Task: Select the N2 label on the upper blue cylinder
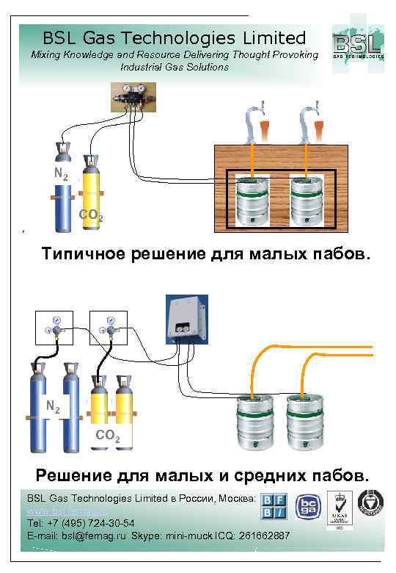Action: point(62,175)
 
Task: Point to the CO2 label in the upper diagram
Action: point(90,217)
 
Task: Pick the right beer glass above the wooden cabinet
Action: point(320,126)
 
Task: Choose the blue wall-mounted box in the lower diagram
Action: point(185,320)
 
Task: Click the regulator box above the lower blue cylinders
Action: point(54,328)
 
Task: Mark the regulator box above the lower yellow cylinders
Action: point(108,328)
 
